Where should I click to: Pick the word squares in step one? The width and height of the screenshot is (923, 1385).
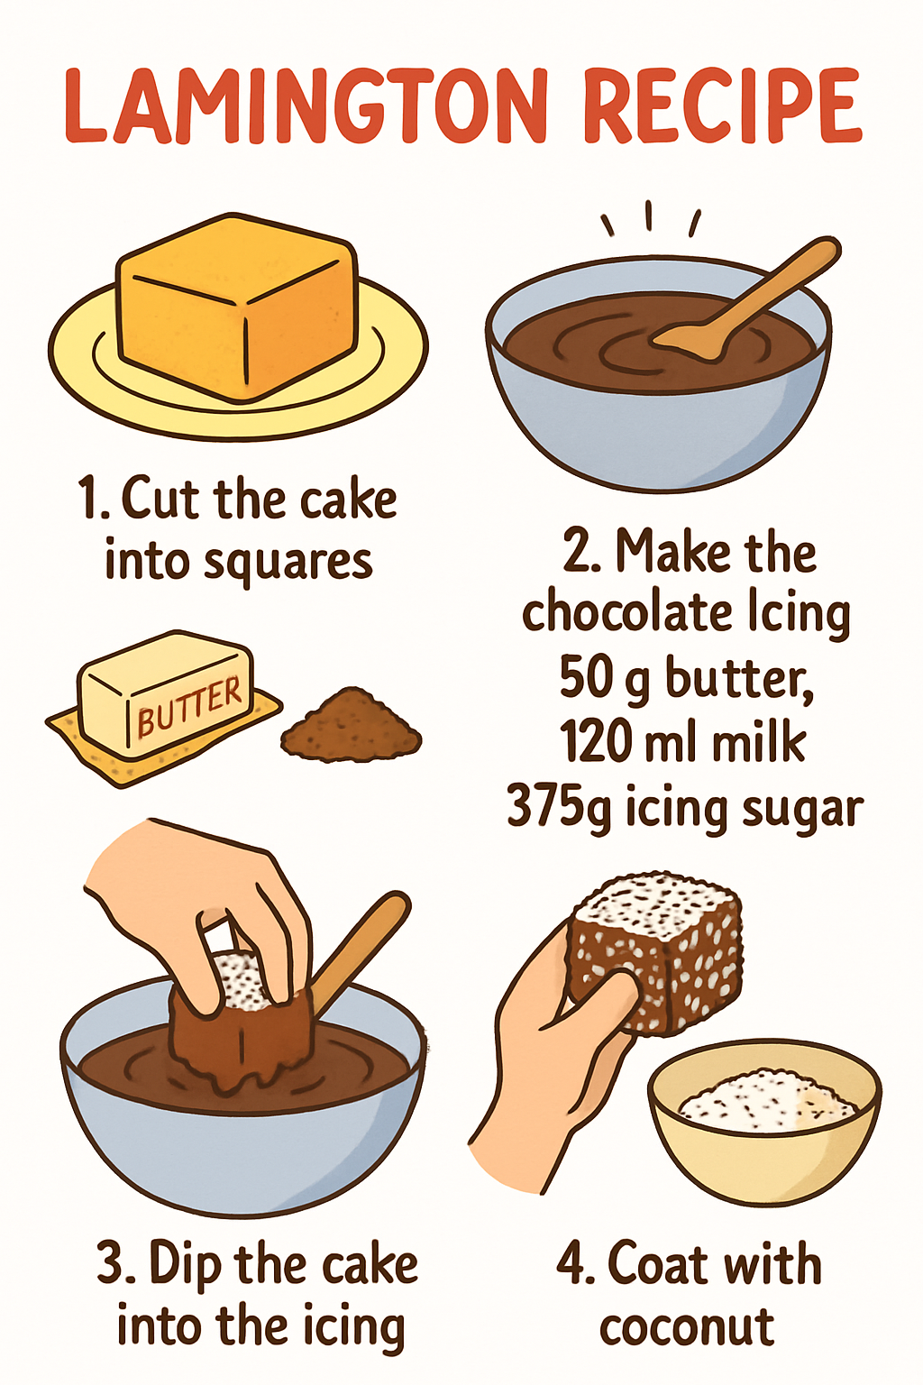288,563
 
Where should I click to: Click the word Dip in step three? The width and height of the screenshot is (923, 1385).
185,1264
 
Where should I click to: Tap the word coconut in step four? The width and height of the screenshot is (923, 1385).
687,1327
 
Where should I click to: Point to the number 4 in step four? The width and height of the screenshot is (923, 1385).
571,1264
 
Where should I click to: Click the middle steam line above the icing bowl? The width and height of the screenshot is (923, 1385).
648,215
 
